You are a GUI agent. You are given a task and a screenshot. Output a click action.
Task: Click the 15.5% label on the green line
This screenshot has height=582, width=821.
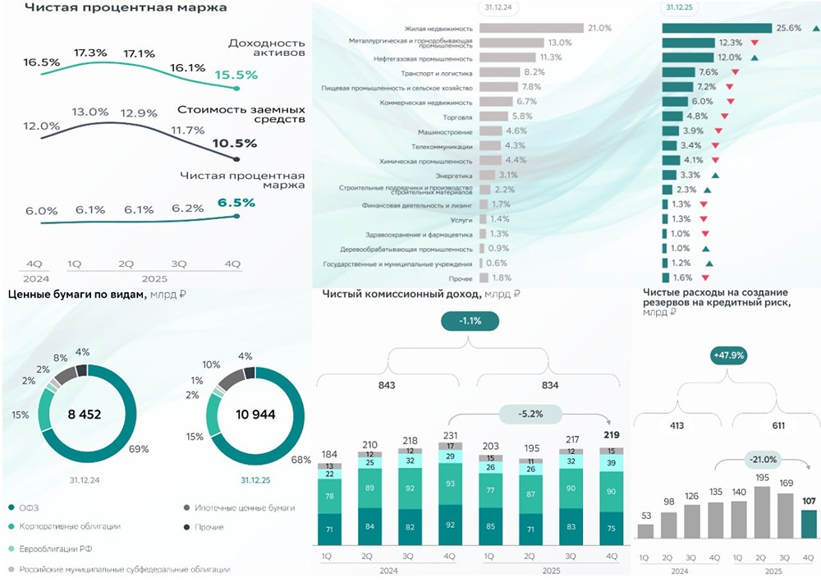(x=236, y=75)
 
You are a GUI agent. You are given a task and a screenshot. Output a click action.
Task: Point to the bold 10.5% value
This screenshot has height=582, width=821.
(x=235, y=143)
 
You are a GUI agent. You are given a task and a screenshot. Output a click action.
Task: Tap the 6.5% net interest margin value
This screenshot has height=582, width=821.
(x=236, y=202)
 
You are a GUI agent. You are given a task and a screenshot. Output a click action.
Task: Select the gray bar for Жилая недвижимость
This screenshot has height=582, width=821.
(x=530, y=28)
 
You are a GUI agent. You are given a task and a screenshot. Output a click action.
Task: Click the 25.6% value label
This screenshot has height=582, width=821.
(x=786, y=28)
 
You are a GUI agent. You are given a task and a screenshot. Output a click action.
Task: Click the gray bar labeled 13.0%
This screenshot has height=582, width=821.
(x=511, y=43)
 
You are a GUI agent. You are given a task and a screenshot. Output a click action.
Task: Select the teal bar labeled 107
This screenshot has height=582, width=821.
(x=810, y=524)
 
